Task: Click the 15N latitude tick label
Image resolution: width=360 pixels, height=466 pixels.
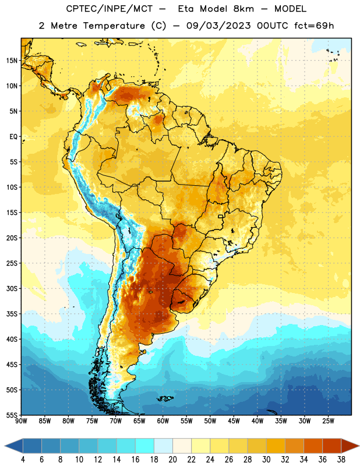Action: (x=12, y=61)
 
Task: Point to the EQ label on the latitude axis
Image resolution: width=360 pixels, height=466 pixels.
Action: (x=13, y=137)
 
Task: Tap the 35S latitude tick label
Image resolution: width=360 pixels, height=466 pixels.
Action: (x=12, y=314)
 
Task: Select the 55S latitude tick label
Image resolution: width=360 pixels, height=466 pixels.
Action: (x=12, y=415)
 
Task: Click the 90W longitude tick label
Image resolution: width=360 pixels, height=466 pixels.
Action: (x=22, y=421)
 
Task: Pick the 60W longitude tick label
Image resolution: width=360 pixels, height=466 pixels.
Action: (x=163, y=421)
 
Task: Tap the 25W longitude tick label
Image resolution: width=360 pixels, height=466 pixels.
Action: (x=328, y=421)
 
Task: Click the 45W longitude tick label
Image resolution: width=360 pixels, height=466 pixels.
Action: (x=234, y=421)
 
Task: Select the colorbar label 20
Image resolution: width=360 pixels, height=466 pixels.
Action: (x=172, y=460)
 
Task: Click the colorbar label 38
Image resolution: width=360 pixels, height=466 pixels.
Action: (x=341, y=460)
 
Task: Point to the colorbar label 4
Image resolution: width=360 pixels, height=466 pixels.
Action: (x=23, y=460)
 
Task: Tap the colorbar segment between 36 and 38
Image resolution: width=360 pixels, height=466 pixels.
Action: (x=332, y=446)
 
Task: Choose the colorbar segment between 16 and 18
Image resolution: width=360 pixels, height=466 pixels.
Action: (x=145, y=446)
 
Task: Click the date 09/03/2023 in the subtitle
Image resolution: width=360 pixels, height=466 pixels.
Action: (x=218, y=26)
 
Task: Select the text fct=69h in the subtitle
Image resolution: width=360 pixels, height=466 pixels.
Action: (x=314, y=26)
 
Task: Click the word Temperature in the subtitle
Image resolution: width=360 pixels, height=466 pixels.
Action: (x=114, y=26)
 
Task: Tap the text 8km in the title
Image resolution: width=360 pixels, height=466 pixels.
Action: (x=243, y=9)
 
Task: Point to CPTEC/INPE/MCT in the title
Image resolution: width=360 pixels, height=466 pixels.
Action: (x=110, y=9)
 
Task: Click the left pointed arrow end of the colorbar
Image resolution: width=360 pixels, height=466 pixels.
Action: (x=5, y=446)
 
